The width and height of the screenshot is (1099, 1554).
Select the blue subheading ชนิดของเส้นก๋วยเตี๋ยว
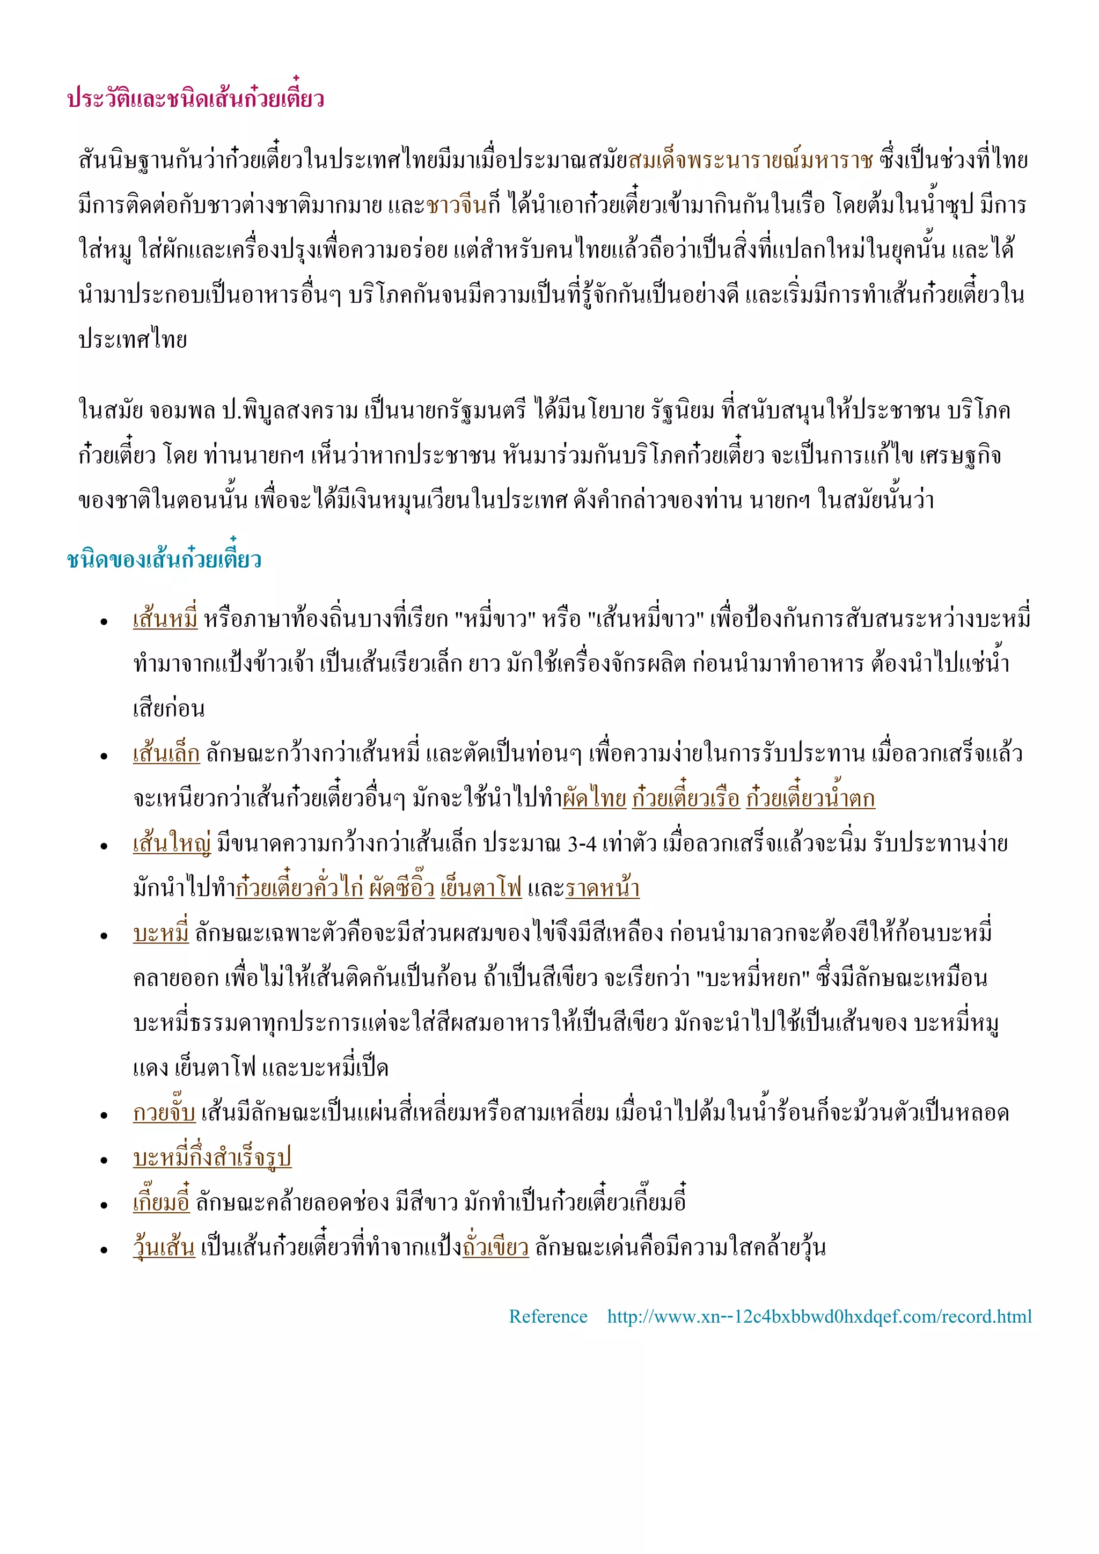click(164, 560)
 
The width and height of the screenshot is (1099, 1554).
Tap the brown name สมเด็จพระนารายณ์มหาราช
click(751, 160)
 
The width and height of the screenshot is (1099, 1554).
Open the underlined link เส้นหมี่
click(165, 619)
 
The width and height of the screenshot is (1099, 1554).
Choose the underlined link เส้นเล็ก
click(166, 753)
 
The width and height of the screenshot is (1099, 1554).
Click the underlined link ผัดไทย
click(594, 798)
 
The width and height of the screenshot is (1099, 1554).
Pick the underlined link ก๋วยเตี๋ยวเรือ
click(685, 798)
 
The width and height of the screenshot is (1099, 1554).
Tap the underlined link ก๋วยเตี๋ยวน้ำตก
click(810, 798)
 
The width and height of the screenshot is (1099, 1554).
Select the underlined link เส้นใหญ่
click(172, 844)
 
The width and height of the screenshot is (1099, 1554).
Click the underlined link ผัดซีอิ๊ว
click(401, 888)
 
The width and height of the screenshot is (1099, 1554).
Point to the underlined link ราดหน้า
click(602, 888)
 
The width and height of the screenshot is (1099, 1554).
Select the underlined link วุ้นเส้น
click(164, 1247)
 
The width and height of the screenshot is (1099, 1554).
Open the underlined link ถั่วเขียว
click(495, 1247)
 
